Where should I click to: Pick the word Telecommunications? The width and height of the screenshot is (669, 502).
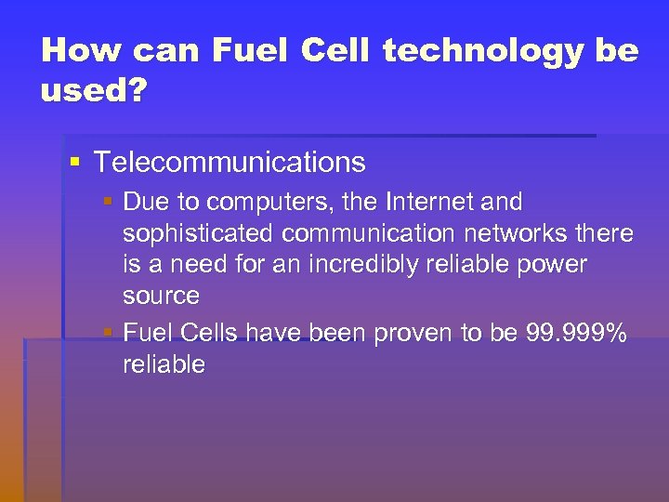point(230,163)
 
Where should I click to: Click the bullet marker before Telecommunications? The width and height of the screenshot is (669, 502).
point(75,163)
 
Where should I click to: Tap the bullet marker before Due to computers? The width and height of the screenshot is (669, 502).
point(110,202)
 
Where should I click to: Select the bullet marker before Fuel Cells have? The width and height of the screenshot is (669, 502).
point(110,332)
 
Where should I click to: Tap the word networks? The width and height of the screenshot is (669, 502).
point(505,233)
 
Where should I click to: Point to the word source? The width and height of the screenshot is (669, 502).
point(161,297)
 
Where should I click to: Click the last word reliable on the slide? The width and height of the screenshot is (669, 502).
point(164,364)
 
